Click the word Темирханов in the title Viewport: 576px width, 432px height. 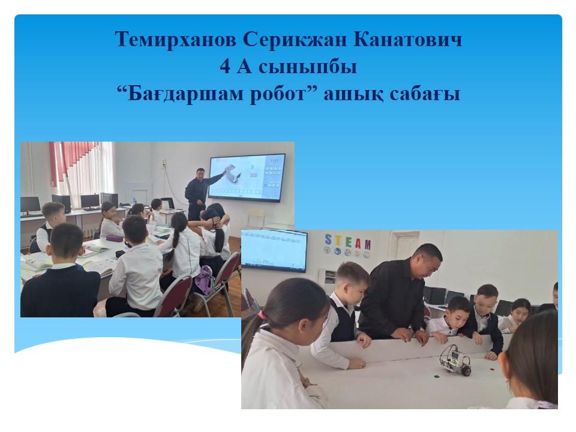point(176,40)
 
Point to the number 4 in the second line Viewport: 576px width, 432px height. point(225,67)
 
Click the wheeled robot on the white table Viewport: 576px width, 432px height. point(455,361)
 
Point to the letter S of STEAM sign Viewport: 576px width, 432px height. point(328,239)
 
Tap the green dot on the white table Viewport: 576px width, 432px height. point(437,376)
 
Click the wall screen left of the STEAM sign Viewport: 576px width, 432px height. point(274,250)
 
